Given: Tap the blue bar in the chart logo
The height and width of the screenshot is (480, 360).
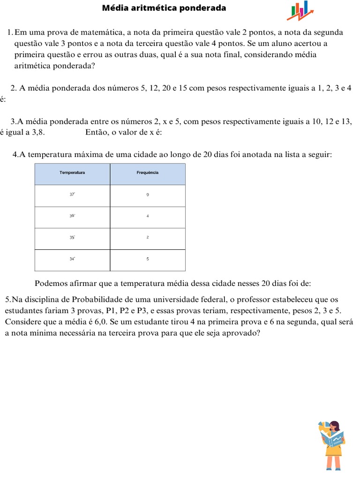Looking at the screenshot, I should [306, 6].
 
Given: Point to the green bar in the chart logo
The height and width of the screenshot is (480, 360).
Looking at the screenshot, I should [293, 10].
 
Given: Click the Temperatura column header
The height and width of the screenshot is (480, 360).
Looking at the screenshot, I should [72, 173].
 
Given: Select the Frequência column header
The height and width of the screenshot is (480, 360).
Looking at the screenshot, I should [148, 173].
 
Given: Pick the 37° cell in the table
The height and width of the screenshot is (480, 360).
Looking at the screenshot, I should [72, 194].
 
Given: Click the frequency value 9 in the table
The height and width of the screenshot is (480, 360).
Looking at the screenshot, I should [148, 195].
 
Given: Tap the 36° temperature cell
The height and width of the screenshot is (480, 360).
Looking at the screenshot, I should [72, 216].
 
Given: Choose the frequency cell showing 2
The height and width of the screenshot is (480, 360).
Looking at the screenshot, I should [148, 238].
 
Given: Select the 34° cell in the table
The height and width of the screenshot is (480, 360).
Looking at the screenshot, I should [72, 259].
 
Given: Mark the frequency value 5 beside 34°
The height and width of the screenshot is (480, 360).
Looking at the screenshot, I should [148, 259].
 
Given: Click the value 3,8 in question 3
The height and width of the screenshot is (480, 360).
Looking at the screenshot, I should [38, 132].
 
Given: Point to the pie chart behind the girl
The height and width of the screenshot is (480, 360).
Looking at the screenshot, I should [323, 426].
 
